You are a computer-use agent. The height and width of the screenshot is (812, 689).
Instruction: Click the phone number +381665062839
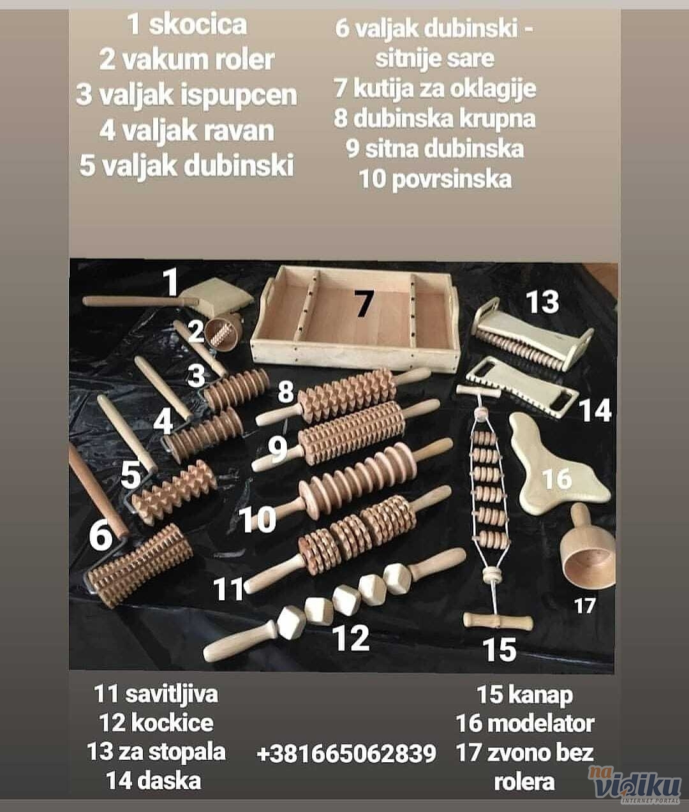[346, 753]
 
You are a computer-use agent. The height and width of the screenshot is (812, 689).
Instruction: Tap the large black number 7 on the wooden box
[364, 303]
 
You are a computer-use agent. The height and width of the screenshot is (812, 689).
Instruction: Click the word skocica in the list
[198, 24]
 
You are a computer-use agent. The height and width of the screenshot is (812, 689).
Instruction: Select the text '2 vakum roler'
[186, 60]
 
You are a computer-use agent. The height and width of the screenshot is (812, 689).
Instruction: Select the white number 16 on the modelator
[557, 478]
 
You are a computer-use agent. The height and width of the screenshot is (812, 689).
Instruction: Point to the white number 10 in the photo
[257, 519]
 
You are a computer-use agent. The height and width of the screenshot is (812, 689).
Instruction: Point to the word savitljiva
[171, 693]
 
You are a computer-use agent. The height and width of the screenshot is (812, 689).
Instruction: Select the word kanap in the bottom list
[540, 695]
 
